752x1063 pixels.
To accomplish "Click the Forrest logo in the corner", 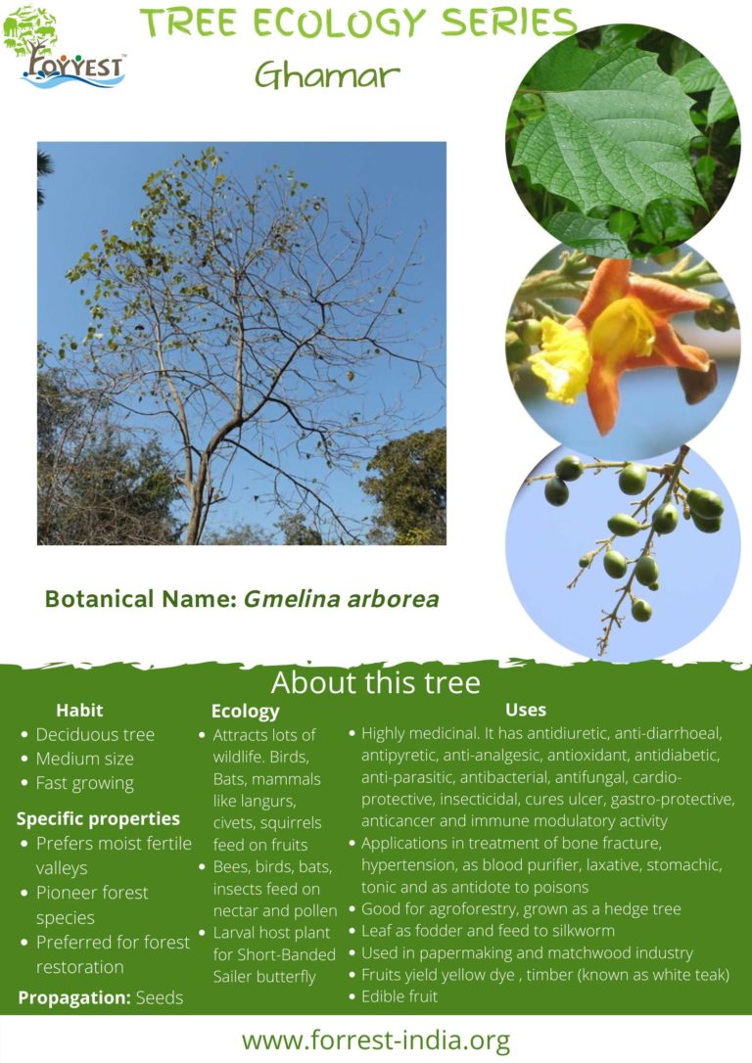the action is coord(64,47).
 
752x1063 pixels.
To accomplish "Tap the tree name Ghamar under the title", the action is coord(327,74).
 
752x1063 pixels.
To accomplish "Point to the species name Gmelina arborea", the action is coord(341,599).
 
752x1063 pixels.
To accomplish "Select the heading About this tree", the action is coord(376,682).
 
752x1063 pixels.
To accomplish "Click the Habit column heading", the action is coord(79,711).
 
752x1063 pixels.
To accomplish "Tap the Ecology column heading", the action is coord(246,712).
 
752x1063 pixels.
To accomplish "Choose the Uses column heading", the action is coord(526,710).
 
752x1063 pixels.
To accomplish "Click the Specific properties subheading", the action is coord(98,819).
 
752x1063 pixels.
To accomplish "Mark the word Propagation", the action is coord(73,998).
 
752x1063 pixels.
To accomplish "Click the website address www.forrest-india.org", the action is coord(376,1040).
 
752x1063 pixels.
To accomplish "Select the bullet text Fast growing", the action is coord(85,784).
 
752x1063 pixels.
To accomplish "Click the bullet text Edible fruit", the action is coord(399,996).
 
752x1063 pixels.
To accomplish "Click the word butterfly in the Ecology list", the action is coord(286,977).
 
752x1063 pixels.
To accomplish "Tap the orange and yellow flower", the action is coord(621,339).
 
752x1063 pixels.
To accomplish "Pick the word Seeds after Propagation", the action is coord(160,998).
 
